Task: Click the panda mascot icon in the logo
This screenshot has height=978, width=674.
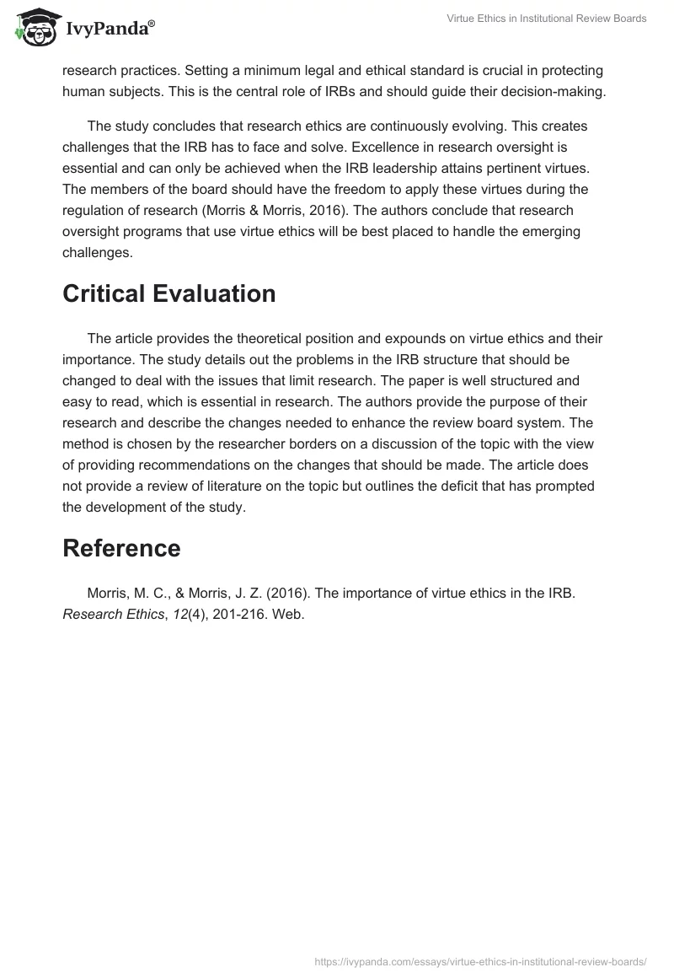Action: [x=33, y=27]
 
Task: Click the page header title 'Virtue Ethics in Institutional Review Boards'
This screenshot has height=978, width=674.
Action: [x=546, y=19]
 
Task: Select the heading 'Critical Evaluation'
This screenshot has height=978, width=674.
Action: [x=169, y=293]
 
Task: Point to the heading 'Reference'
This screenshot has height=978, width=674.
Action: [x=121, y=548]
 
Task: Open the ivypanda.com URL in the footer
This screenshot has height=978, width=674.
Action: [x=480, y=961]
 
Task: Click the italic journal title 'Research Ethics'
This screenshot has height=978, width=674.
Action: [x=113, y=615]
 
